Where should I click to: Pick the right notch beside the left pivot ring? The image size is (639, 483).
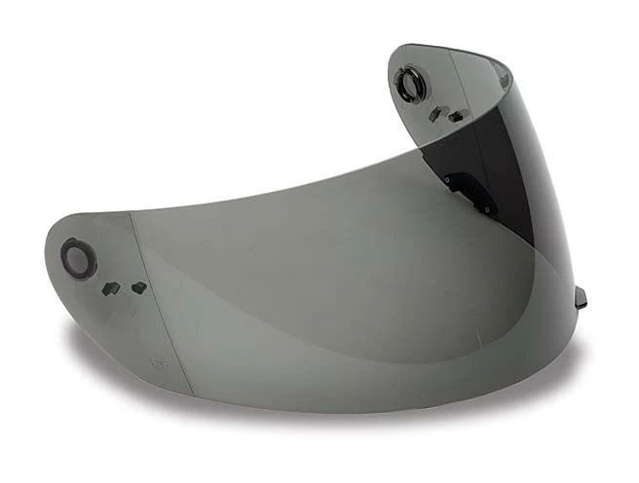pos(138,287)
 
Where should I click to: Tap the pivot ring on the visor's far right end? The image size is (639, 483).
pos(410,84)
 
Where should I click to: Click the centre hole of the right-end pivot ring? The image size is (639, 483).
pos(410,84)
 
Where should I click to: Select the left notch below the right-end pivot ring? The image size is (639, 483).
pos(434,114)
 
